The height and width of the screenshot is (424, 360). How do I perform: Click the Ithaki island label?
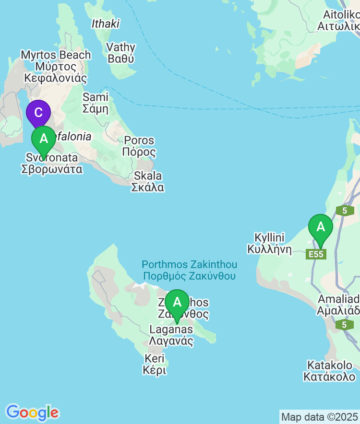[105, 24]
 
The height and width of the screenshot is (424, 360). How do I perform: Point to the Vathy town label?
[121, 53]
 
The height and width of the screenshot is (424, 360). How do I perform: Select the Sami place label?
[96, 103]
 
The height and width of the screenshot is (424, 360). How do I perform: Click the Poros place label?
[139, 146]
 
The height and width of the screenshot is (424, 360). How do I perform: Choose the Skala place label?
[148, 181]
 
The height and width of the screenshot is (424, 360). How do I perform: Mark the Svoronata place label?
[52, 163]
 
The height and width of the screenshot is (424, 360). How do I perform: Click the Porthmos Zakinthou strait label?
[189, 271]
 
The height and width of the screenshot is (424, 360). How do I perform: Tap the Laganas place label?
[171, 335]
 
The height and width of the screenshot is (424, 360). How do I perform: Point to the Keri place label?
[154, 364]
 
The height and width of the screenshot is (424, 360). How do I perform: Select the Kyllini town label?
[270, 243]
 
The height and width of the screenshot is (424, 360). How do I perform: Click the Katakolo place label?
[330, 371]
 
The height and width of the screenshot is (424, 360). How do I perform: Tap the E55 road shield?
[316, 254]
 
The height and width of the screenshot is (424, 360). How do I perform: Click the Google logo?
[32, 412]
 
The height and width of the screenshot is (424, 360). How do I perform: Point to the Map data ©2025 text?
[319, 416]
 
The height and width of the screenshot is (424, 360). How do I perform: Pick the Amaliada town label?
[338, 304]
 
